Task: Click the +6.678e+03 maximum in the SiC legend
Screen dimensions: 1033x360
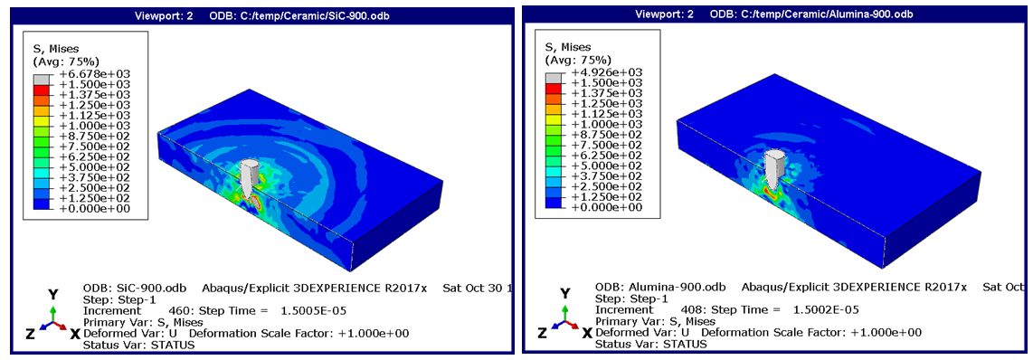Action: tap(104, 74)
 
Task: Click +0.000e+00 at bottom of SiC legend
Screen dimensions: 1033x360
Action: tap(104, 208)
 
